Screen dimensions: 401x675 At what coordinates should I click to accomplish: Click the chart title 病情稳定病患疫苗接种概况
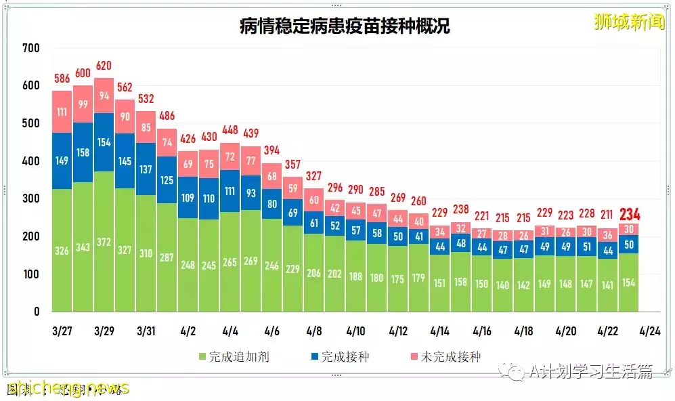click(x=345, y=26)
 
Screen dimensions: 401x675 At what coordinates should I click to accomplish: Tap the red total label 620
click(x=104, y=66)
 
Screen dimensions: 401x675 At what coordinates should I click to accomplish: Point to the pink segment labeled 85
click(x=146, y=127)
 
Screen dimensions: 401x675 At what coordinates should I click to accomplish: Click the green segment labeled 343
click(x=83, y=247)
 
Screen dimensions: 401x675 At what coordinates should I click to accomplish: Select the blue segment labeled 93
click(x=251, y=193)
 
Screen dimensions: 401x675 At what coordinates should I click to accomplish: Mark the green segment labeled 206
click(x=313, y=273)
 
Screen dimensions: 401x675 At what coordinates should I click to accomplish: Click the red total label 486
click(x=167, y=116)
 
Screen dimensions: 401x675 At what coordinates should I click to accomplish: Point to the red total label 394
click(x=271, y=150)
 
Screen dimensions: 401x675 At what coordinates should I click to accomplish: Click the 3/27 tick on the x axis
click(x=62, y=331)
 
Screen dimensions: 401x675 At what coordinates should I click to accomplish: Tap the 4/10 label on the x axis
click(x=355, y=331)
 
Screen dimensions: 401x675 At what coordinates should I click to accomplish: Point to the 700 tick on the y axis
click(x=30, y=48)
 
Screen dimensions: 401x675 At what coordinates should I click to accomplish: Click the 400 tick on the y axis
click(x=30, y=161)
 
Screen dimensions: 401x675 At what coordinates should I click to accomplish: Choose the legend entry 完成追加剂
click(x=233, y=356)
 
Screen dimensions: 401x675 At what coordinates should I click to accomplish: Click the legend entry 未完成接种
click(x=444, y=356)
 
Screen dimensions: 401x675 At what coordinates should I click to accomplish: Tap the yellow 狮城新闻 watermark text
click(x=629, y=23)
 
